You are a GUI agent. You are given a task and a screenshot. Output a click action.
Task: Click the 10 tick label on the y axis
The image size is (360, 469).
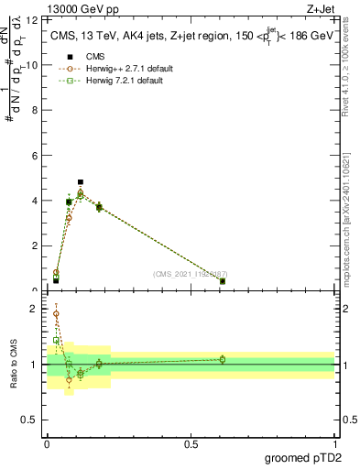pyautogui.click(x=32, y=65)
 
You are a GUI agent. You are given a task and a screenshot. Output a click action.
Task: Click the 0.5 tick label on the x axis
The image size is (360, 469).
pyautogui.click(x=191, y=444)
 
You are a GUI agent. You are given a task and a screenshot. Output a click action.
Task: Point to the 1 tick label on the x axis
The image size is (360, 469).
pyautogui.click(x=334, y=444)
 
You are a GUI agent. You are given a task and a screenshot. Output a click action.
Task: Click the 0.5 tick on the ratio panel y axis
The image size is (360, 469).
pyautogui.click(x=31, y=421)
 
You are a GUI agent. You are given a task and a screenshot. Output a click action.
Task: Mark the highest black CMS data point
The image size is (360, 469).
pyautogui.click(x=81, y=182)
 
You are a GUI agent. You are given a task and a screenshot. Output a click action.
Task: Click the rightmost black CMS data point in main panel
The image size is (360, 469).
pyautogui.click(x=223, y=281)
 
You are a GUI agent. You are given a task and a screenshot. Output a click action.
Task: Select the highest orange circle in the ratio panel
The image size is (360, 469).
pyautogui.click(x=56, y=313)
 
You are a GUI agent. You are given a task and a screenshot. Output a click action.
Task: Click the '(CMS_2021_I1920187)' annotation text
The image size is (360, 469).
pyautogui.click(x=191, y=274)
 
